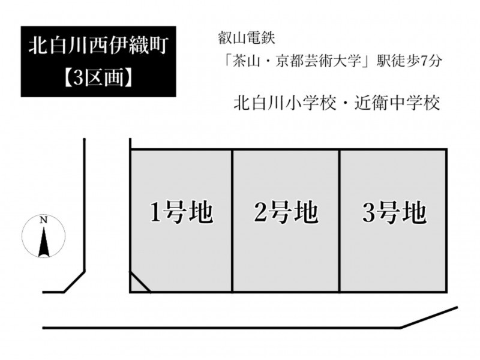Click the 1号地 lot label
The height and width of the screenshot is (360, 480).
(181, 212)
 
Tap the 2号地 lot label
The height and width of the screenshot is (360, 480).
(286, 212)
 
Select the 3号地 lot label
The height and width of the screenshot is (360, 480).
(394, 212)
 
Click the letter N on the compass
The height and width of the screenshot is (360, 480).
(43, 220)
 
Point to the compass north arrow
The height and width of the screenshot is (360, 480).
(44, 242)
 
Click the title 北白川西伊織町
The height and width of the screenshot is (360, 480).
(98, 46)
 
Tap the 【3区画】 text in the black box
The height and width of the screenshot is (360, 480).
(98, 77)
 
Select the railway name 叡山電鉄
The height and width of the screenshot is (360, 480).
(247, 38)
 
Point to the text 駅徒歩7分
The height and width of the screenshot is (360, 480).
(409, 61)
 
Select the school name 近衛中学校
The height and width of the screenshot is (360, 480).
(397, 103)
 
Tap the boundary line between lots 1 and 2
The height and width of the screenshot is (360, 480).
(232, 221)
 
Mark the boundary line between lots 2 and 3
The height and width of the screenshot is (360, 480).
(339, 221)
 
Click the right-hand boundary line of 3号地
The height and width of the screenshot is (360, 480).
(446, 221)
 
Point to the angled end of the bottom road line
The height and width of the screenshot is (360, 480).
(429, 317)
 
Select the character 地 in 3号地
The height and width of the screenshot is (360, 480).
(415, 212)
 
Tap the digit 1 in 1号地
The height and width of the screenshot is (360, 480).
(155, 212)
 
